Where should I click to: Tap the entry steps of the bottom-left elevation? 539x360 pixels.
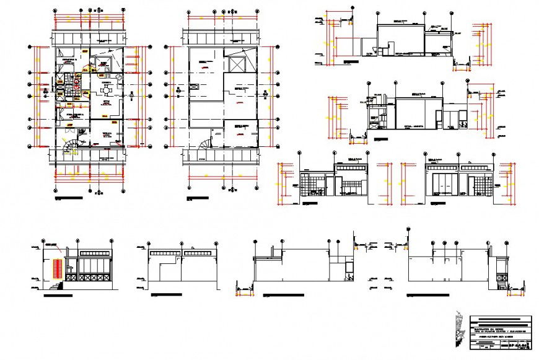coord(57,286)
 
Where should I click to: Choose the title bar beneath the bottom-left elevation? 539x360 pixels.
coord(62,297)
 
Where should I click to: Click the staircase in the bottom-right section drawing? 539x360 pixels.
coord(500,273)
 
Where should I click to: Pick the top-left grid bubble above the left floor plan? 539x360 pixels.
coord(55,11)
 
